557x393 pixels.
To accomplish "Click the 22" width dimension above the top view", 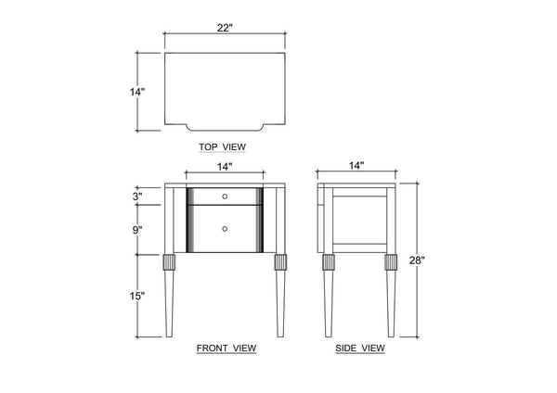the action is tap(225, 28).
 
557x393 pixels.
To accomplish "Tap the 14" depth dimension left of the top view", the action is tap(137, 92).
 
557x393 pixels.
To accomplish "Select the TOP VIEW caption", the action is tap(222, 146).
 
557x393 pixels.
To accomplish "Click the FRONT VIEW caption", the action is tap(227, 349).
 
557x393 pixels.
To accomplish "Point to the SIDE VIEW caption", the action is tap(360, 349).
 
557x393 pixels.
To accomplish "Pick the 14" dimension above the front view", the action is tap(225, 166).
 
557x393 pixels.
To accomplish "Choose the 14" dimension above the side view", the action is tap(356, 165).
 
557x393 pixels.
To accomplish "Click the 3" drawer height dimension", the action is tap(137, 196).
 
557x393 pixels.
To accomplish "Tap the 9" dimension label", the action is tap(137, 230).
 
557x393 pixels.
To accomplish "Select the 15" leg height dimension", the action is tap(137, 296).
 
